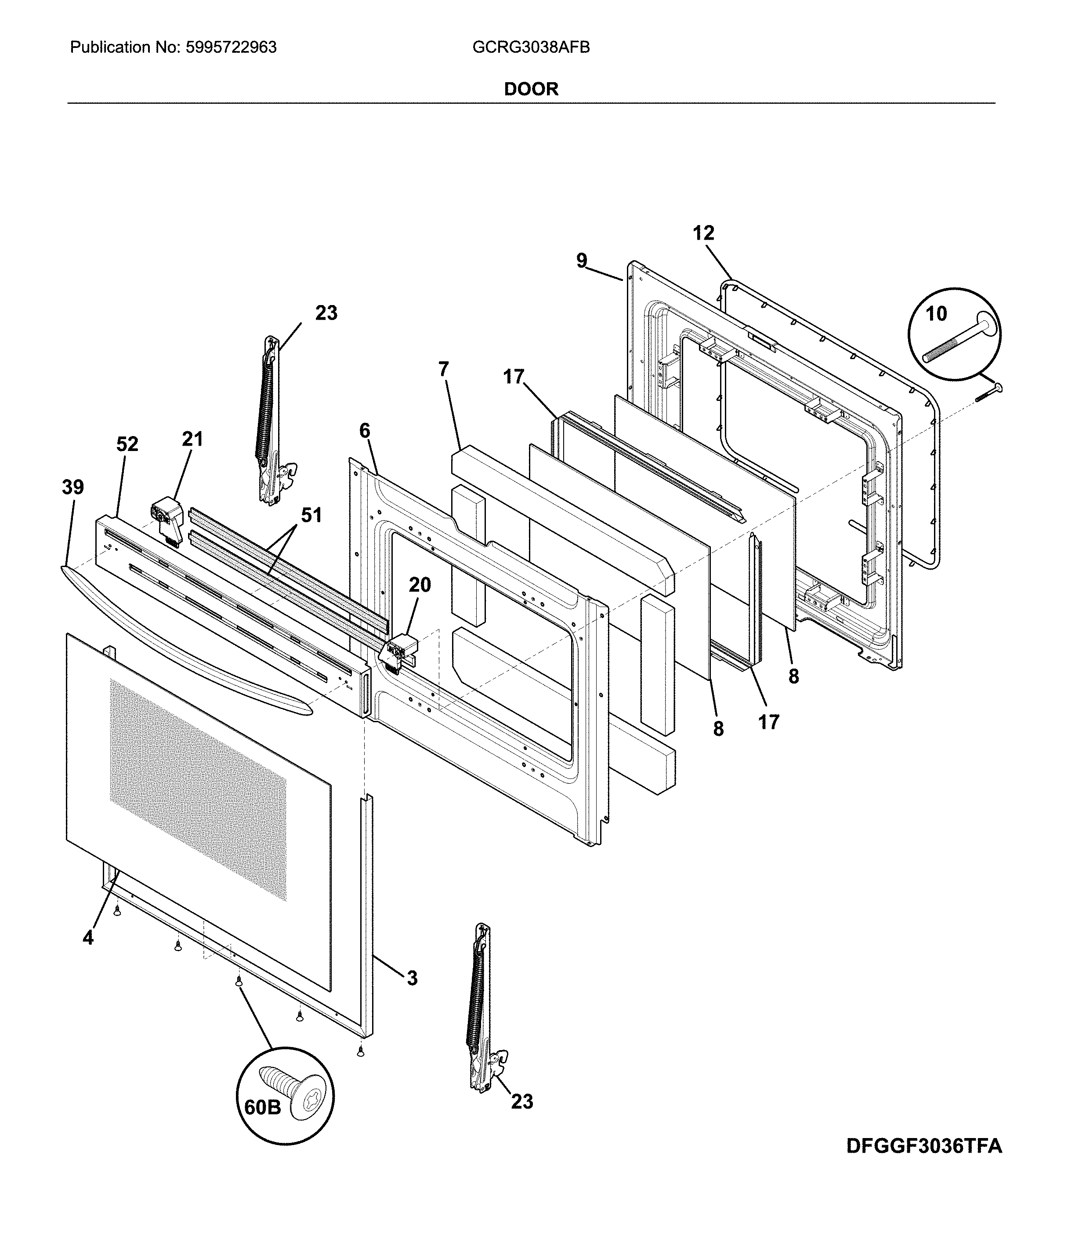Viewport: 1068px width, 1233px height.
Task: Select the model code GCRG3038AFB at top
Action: click(x=531, y=48)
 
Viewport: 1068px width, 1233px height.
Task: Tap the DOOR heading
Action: click(x=531, y=89)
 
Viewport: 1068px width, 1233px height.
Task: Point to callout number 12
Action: click(x=703, y=233)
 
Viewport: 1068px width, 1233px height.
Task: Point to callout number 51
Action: click(x=311, y=515)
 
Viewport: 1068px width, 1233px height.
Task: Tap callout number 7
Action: click(x=443, y=370)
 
